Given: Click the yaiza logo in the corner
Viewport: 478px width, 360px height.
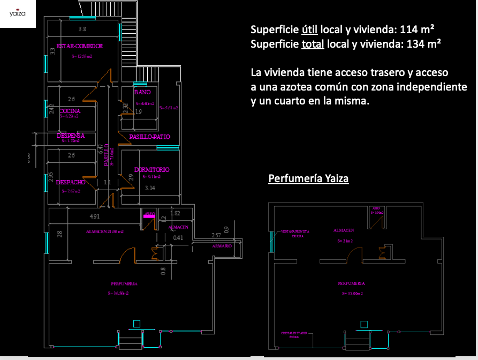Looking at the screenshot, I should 17,14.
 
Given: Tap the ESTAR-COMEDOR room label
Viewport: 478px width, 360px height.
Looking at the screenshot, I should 79,46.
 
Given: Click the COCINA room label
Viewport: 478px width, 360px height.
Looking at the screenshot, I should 70,111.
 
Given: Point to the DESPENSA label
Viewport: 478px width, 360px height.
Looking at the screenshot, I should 71,136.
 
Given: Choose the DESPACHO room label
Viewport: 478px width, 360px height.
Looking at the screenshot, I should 71,182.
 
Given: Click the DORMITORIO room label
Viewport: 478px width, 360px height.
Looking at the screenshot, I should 152,170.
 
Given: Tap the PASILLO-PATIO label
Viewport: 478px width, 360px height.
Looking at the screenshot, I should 150,137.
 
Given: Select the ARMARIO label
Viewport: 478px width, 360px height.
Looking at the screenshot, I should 222,246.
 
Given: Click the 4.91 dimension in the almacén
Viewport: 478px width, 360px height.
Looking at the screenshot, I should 94,216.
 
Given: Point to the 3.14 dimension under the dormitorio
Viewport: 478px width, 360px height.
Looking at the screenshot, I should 150,188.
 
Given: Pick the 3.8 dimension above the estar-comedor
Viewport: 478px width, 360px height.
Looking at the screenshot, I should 82,28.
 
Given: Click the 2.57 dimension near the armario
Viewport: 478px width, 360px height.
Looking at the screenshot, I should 216,236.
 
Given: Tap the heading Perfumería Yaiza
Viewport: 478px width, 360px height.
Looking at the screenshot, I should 308,178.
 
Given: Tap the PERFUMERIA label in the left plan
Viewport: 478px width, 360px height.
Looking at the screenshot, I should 125,283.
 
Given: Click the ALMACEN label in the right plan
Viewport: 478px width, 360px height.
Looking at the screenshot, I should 344,230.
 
